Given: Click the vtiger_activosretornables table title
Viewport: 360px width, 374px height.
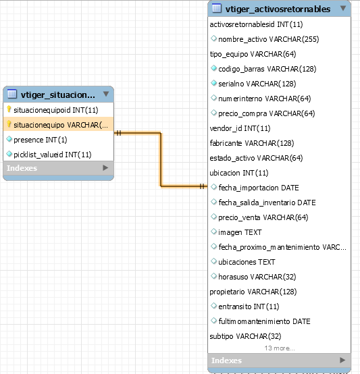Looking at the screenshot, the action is point(278,9).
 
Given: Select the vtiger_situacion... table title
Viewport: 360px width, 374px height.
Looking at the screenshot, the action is point(58,95).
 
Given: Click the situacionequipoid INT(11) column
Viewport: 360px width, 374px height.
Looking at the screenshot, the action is point(56,110).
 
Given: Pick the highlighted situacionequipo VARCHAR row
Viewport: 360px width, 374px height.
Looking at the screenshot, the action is point(58,125).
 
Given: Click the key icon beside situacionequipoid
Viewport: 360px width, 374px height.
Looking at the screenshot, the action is point(9,109).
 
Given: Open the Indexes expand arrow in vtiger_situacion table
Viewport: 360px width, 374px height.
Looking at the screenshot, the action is point(105,167).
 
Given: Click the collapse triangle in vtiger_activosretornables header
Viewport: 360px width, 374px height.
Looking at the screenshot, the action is point(343,8).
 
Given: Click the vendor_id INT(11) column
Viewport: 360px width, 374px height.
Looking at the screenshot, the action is point(240,128).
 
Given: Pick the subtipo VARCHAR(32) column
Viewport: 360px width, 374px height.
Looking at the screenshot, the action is point(245,336).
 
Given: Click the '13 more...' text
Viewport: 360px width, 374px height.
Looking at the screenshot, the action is point(280,348).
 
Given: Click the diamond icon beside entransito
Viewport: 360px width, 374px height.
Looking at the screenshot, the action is point(213,306).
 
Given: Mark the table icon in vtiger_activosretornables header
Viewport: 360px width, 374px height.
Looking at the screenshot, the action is point(217,8).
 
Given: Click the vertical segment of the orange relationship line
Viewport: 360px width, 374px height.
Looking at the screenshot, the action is point(161,159).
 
